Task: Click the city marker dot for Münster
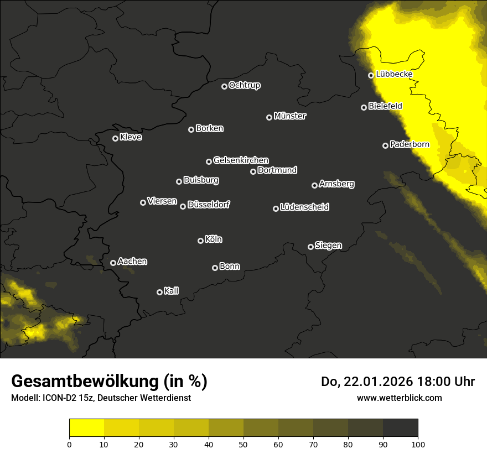pos(270,117)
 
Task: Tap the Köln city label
pos(214,239)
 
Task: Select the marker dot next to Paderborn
pos(386,145)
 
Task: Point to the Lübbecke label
pos(394,74)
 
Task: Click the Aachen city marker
pos(113,263)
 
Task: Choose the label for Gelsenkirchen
pos(241,160)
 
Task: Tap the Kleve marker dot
pos(116,138)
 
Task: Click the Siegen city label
pos(328,246)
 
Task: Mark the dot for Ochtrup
pos(225,86)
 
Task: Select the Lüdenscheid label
pos(304,207)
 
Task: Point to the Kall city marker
pos(160,292)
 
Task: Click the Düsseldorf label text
pos(209,205)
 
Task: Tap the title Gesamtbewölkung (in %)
pos(109,382)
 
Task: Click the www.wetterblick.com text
pos(399,398)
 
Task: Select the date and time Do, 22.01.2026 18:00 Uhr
pos(397,382)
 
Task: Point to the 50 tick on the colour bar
pos(244,444)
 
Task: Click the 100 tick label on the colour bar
pos(418,444)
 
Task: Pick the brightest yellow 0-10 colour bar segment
pos(87,428)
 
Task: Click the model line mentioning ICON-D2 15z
pos(101,398)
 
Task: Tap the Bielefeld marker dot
pos(364,107)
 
